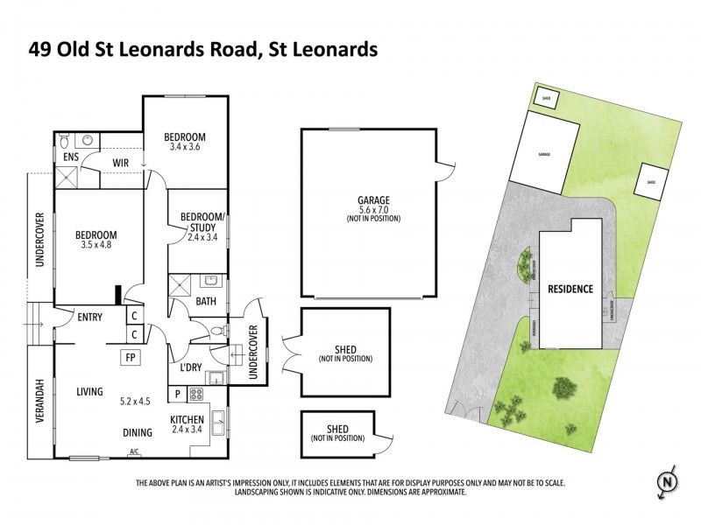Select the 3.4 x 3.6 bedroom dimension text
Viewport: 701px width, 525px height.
point(185,148)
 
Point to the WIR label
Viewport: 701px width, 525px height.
point(121,162)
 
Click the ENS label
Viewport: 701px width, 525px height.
point(72,157)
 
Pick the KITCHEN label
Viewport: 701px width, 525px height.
point(188,419)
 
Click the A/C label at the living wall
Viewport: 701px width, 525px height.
point(134,452)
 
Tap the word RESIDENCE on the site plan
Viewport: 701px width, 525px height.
point(570,289)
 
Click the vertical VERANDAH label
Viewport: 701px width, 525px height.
point(39,401)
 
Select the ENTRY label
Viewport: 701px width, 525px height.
point(91,317)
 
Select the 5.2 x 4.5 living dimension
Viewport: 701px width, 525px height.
point(135,402)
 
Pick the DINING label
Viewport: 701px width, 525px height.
point(138,432)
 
